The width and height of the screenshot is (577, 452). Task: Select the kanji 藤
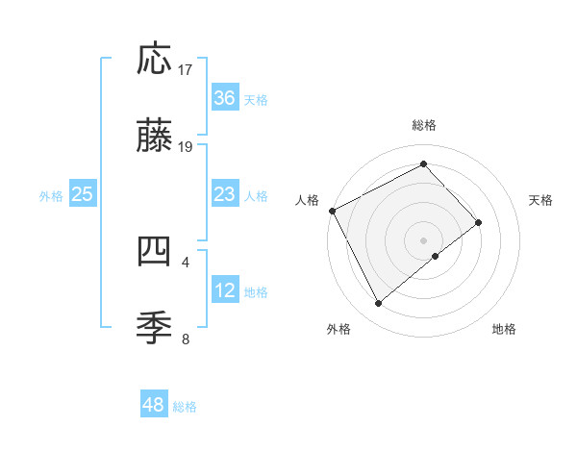tap(155, 138)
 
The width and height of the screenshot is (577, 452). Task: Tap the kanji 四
tap(155, 252)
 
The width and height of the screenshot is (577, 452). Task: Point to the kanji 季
tap(155, 328)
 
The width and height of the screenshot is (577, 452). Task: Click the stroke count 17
tap(186, 70)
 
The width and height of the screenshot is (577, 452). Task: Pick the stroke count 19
tap(186, 146)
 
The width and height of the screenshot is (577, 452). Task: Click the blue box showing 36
tap(225, 98)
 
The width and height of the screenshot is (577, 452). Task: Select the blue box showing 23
tap(225, 194)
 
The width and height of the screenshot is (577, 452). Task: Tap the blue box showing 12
tap(225, 290)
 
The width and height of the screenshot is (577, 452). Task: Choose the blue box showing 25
tap(83, 194)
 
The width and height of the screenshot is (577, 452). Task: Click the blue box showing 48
tap(154, 405)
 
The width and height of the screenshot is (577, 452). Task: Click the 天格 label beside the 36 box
tap(256, 99)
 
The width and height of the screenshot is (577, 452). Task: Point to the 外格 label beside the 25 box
tap(51, 195)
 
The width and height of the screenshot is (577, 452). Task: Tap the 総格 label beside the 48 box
tap(185, 406)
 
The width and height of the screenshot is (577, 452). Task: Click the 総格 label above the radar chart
tap(424, 125)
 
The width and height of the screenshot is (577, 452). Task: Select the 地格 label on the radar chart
tap(504, 329)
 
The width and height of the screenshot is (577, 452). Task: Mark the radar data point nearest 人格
tap(333, 211)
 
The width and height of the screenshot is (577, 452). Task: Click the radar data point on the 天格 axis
tap(478, 222)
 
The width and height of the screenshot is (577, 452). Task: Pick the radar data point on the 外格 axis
tap(378, 304)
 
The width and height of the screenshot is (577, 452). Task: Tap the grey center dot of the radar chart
tap(424, 239)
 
